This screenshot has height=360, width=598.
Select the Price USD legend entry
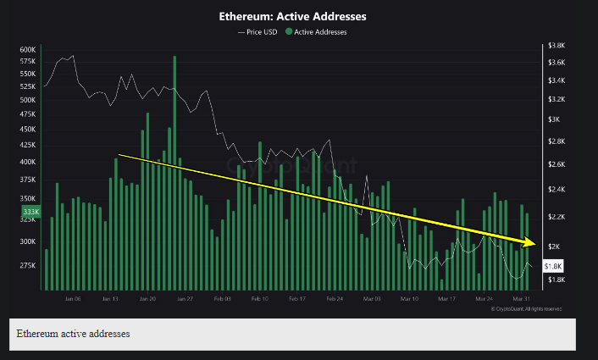click(x=257, y=32)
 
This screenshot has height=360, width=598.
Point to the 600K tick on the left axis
click(x=27, y=50)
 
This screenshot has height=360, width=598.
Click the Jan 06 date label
click(x=72, y=299)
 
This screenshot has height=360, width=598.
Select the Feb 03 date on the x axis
click(x=222, y=299)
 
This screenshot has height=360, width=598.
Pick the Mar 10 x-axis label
click(x=410, y=299)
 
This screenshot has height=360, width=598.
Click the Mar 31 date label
click(x=522, y=299)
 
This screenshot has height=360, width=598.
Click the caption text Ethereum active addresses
click(x=73, y=335)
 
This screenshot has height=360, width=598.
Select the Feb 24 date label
click(x=335, y=299)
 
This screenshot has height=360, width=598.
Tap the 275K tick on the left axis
click(x=27, y=265)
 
